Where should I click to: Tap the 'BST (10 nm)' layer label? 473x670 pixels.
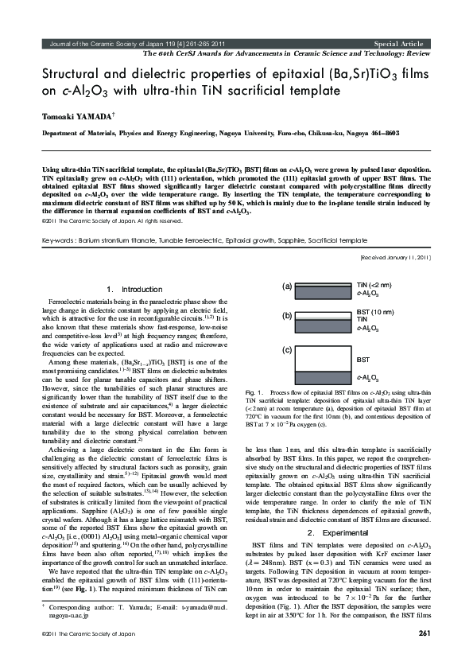coord(375,312)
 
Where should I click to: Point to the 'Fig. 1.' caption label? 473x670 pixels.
coord(255,393)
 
